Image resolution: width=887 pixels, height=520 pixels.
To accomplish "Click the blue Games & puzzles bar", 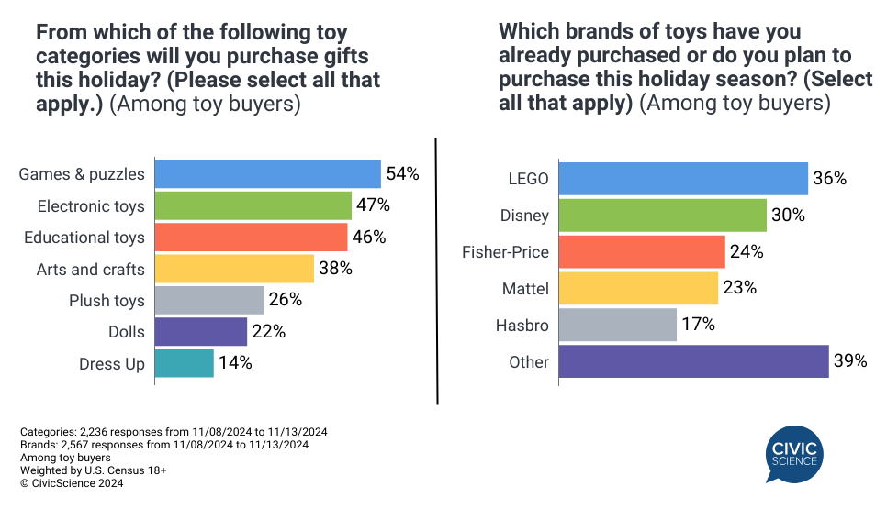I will (x=267, y=174).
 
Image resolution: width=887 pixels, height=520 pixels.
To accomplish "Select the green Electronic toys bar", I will (x=253, y=205).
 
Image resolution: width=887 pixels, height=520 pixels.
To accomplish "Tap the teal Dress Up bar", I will (x=184, y=363).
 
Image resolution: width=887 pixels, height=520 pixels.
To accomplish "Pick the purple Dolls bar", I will (x=200, y=332).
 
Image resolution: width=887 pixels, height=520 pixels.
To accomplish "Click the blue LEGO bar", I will (x=683, y=179).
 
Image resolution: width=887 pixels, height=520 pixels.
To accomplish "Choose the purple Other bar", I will (x=693, y=361).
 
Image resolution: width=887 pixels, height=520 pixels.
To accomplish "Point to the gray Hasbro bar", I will (x=617, y=325).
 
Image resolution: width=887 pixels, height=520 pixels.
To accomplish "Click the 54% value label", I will (x=402, y=174).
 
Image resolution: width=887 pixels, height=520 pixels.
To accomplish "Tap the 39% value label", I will (x=850, y=361).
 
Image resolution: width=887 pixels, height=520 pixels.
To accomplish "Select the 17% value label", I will (x=698, y=325).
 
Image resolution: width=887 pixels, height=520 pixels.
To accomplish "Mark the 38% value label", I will (x=335, y=269).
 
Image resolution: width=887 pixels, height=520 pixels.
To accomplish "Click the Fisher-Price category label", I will (x=505, y=252).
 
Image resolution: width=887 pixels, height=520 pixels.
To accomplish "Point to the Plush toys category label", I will (x=107, y=301).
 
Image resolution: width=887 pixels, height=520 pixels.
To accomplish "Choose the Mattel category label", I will (x=525, y=289).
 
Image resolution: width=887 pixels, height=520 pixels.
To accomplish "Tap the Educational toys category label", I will (x=84, y=238).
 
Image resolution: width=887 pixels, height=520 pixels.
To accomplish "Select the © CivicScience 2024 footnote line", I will (x=71, y=483).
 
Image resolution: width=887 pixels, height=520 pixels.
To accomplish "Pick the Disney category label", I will (x=525, y=216).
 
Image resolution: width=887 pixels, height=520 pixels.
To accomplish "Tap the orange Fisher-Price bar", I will (x=642, y=252).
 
